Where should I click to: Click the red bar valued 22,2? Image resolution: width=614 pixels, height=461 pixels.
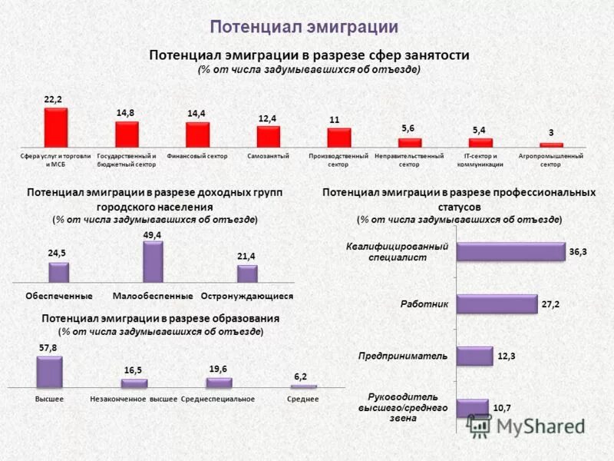pos(56,127)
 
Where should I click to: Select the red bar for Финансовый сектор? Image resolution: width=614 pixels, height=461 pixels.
pos(197,134)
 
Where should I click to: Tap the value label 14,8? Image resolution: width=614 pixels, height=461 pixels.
pos(126,112)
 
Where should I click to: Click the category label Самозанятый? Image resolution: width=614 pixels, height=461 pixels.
pos(268,156)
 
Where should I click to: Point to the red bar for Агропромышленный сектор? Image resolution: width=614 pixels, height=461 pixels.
pos(551,144)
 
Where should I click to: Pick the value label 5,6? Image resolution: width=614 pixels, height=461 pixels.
pos(408,128)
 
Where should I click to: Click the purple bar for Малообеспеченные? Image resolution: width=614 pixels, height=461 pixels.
pos(153,263)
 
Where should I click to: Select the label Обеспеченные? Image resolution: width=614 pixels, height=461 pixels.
pos(59,296)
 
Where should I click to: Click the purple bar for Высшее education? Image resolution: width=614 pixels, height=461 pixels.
pos(49,372)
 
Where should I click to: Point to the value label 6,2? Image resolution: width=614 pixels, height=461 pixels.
pos(300,376)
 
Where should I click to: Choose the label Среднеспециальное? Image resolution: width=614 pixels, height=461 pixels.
pos(217,400)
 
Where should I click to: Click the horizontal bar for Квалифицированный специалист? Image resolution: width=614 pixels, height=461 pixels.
pos(510,252)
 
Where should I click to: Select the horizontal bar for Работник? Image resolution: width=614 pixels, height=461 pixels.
pos(497,304)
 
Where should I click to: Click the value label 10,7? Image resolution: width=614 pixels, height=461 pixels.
pos(503,408)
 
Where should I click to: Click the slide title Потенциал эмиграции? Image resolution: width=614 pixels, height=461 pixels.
pos(304,27)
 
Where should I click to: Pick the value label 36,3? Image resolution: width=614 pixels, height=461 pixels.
pos(578,252)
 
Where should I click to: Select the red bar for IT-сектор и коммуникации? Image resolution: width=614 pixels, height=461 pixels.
pos(480,142)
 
